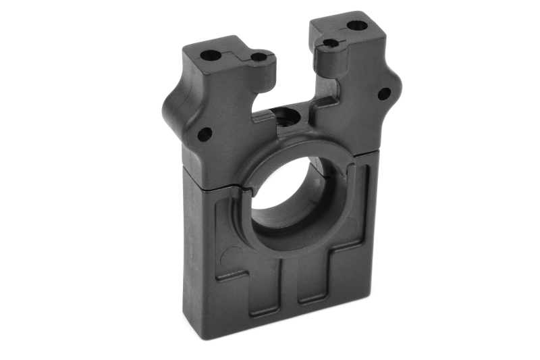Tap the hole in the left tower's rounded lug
tap(259, 58)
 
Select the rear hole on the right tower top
tap(356, 26)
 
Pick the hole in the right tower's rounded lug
tap(330, 43)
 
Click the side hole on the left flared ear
tap(205, 133)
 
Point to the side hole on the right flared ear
tap(384, 94)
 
